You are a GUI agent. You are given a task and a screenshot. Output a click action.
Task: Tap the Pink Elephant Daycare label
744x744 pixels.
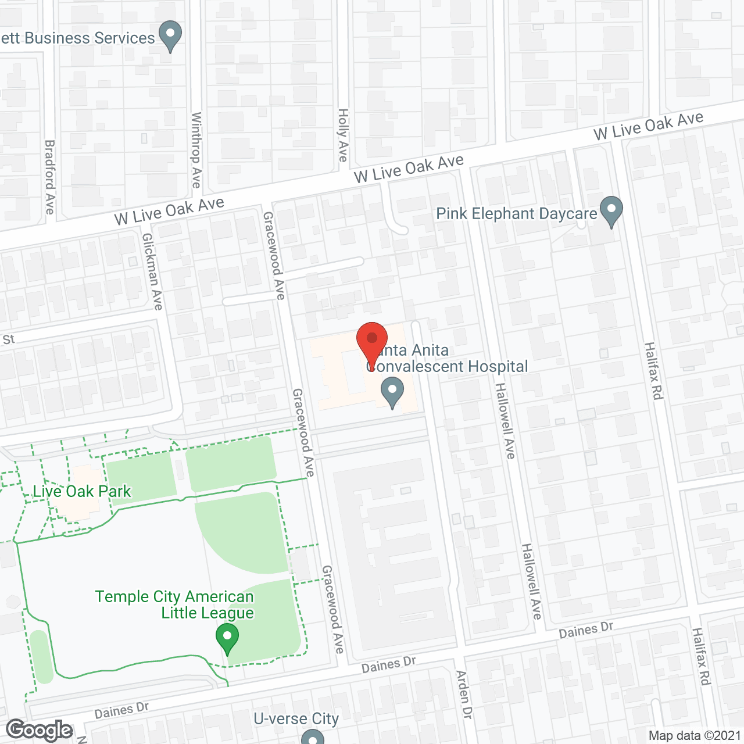click(x=516, y=214)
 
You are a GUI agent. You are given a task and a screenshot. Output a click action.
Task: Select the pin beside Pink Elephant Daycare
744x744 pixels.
click(x=611, y=212)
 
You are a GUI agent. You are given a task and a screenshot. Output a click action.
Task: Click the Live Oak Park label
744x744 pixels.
click(x=82, y=492)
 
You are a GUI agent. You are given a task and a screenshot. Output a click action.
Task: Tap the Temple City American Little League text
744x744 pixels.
click(x=174, y=604)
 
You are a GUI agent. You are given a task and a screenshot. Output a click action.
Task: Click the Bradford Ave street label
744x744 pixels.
click(x=50, y=177)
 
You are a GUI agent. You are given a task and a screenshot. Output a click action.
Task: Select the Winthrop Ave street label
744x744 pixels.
click(x=196, y=150)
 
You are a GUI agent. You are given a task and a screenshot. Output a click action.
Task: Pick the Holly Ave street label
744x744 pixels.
click(x=344, y=135)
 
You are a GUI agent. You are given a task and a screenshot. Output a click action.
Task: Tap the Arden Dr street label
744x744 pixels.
click(x=463, y=695)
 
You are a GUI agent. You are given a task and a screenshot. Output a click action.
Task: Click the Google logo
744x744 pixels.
click(x=40, y=730)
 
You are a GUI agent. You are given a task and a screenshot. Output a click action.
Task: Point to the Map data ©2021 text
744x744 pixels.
click(x=695, y=736)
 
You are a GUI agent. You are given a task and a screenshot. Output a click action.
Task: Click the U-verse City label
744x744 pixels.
click(x=296, y=719)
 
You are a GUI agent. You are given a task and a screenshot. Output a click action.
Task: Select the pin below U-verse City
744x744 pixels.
click(x=312, y=738)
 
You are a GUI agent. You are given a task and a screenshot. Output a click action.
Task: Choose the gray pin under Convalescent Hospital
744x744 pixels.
click(x=392, y=392)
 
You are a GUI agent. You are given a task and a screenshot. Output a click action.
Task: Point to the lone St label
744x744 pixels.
click(x=9, y=339)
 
